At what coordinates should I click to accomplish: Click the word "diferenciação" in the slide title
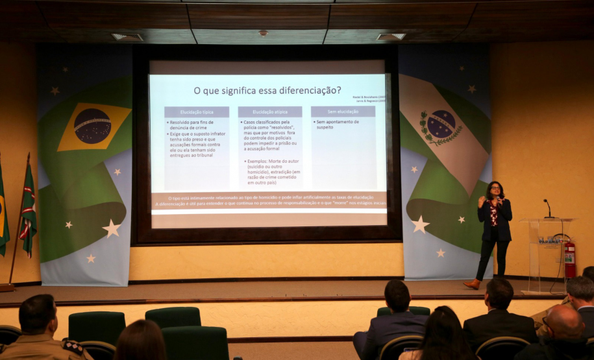(x=303, y=90)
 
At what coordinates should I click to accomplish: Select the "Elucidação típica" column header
(x=196, y=112)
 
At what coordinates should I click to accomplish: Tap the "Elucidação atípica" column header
(x=269, y=112)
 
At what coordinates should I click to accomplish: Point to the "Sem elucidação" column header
(x=343, y=112)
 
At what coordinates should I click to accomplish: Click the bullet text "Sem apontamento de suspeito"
(x=337, y=124)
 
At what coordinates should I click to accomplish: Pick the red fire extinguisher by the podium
(x=570, y=258)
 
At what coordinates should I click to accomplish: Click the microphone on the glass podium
(x=547, y=208)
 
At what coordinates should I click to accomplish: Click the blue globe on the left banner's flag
(x=92, y=126)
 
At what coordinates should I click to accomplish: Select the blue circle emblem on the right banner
(x=441, y=123)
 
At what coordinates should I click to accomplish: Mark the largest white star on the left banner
(x=112, y=228)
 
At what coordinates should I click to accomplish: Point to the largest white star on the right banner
(x=420, y=224)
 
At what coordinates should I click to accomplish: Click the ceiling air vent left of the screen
(x=127, y=37)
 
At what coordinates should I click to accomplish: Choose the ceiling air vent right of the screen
(x=391, y=37)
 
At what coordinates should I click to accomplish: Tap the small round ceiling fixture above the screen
(x=263, y=33)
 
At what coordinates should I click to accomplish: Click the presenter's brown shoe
(x=472, y=284)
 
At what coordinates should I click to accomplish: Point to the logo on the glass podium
(x=549, y=241)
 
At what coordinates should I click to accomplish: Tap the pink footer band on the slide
(x=269, y=200)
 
